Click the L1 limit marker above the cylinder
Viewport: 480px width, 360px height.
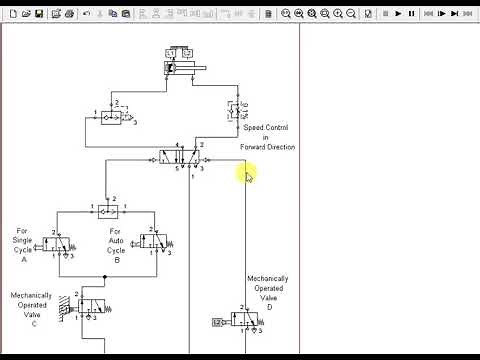pos(170,52)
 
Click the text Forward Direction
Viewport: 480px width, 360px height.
pos(268,147)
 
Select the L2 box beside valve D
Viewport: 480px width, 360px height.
pos(218,321)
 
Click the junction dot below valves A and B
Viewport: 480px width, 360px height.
pos(105,275)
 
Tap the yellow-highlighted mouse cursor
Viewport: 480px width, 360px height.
pos(248,176)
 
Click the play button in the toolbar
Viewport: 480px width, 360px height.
pos(398,13)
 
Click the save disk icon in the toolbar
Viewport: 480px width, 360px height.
pos(38,13)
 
